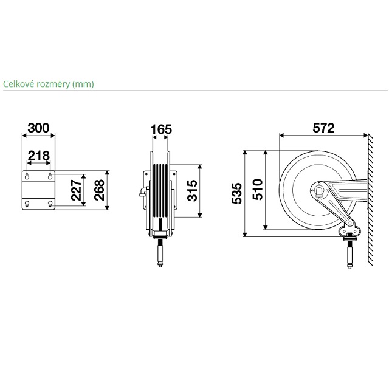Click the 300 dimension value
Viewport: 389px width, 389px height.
[38, 128]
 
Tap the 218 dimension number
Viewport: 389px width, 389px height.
[39, 156]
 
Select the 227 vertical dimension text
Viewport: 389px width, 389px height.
[76, 190]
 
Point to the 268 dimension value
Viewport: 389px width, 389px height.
[99, 190]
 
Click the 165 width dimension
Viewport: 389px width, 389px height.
[161, 129]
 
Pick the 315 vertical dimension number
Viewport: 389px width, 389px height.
[192, 190]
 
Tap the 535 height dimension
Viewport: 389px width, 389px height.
[236, 193]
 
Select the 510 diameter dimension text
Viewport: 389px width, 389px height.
[258, 189]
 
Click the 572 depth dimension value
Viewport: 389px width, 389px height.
[323, 128]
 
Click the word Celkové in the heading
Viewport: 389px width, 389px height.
[19, 84]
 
